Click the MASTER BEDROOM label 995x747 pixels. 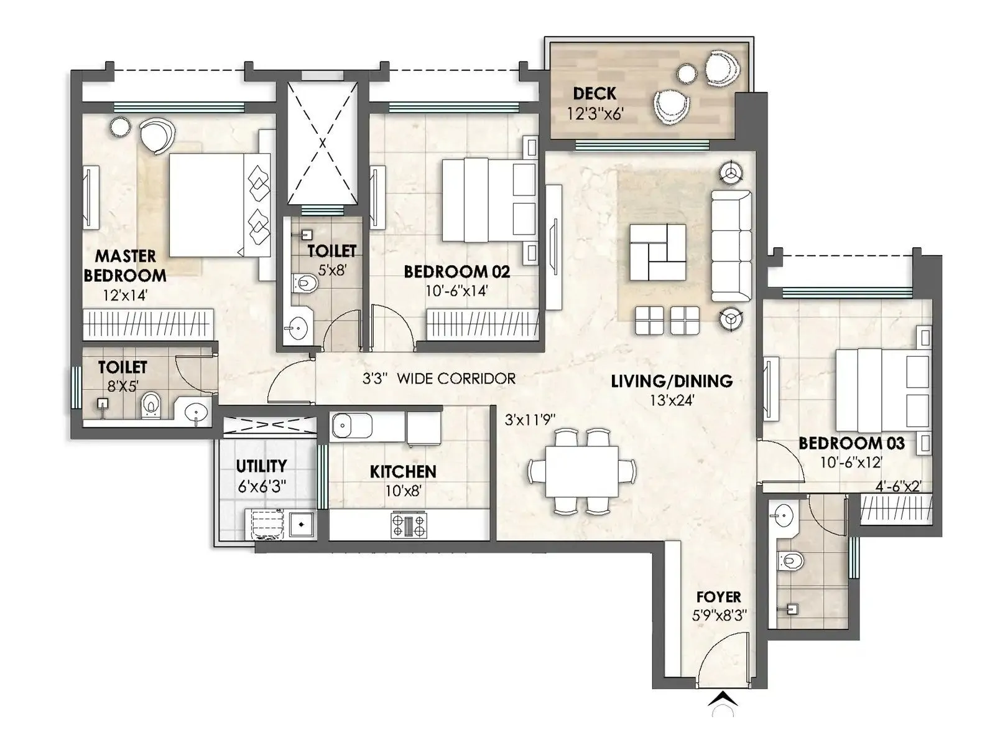point(125,266)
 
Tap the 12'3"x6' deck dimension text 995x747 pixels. point(595,114)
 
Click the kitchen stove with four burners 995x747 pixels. point(409,525)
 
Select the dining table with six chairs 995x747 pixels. point(582,471)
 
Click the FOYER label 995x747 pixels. point(718,597)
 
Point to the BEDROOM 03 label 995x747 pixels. point(851,443)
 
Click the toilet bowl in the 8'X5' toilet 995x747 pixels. point(150,405)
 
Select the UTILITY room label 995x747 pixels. point(261,466)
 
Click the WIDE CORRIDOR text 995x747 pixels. point(456,378)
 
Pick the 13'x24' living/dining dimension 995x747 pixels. point(672,400)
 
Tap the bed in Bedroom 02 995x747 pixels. point(489,200)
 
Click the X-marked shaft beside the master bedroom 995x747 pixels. point(322,143)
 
